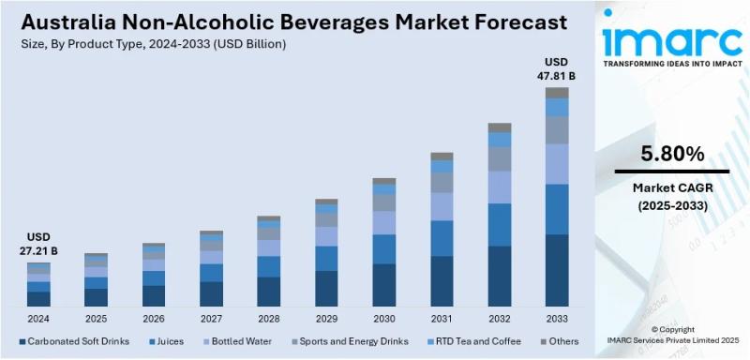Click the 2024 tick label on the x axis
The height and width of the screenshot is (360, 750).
(37, 319)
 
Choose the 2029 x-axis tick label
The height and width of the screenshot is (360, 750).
(326, 319)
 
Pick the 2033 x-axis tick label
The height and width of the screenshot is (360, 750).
(557, 319)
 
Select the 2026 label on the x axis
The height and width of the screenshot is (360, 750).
(153, 319)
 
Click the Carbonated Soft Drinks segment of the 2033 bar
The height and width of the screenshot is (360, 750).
(557, 270)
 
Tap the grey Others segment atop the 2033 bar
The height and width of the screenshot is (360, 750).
(557, 92)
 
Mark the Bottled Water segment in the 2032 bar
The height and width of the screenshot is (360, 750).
(500, 187)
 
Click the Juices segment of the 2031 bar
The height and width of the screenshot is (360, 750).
(442, 238)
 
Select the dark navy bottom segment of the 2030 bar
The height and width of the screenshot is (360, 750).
(384, 285)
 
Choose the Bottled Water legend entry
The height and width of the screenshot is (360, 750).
(232, 341)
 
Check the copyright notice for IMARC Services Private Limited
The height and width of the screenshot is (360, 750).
(671, 336)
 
